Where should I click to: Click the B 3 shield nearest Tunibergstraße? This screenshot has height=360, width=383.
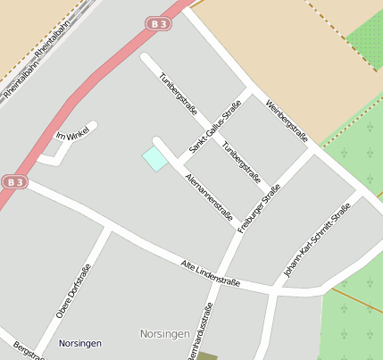click(158, 24)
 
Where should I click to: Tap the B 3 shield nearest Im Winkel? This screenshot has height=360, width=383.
click(13, 181)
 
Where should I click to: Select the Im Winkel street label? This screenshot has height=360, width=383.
click(74, 136)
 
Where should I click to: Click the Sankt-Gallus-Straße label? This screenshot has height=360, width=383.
click(215, 127)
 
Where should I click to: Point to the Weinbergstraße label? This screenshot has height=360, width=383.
click(287, 119)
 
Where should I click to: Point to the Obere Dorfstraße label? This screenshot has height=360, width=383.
click(73, 292)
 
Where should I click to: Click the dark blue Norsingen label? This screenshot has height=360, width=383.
click(80, 343)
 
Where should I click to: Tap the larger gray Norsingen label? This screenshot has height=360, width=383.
click(165, 334)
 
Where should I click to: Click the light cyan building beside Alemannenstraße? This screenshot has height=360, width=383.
click(155, 159)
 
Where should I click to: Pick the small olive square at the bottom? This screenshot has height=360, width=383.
click(207, 356)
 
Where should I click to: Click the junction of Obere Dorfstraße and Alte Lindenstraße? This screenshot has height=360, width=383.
click(109, 227)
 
